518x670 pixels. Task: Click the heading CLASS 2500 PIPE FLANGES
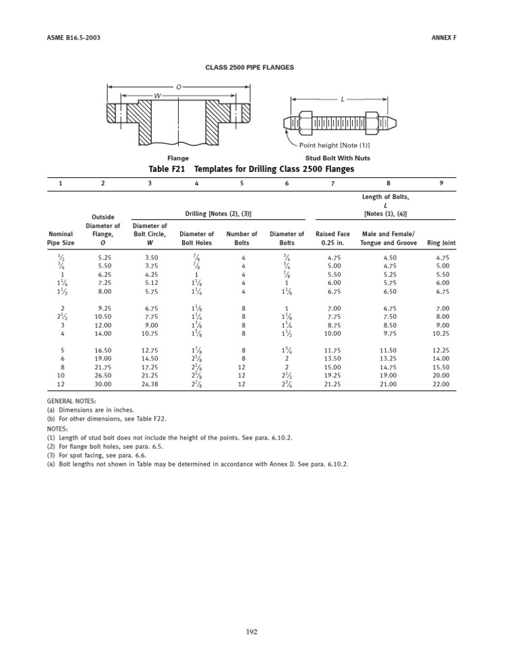(249, 67)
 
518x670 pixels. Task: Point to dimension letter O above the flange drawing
(178, 86)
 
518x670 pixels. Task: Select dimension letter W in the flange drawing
(157, 96)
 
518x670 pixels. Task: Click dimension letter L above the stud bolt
(343, 99)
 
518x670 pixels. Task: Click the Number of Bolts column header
(241, 239)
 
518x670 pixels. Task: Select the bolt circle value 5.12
(150, 284)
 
